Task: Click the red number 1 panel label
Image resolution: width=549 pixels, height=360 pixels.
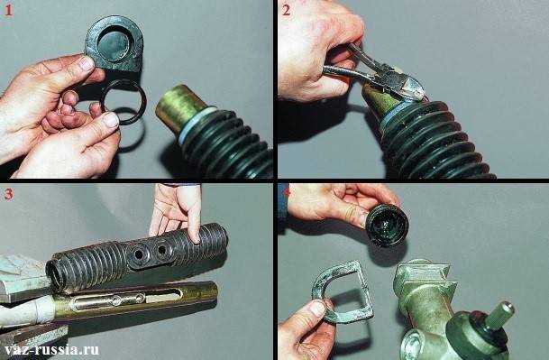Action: (x=8, y=11)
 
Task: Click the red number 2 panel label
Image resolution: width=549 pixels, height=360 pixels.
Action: (x=286, y=11)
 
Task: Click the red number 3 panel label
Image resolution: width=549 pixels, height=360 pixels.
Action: (x=8, y=194)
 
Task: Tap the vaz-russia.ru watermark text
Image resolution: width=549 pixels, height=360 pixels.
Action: (x=51, y=349)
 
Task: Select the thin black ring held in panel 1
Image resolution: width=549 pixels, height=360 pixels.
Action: (x=124, y=102)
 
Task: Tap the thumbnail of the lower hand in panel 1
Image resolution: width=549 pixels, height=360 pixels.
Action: (x=112, y=120)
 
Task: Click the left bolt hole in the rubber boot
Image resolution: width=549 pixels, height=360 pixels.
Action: (x=139, y=254)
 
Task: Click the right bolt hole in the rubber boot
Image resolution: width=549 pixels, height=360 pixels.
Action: (x=161, y=250)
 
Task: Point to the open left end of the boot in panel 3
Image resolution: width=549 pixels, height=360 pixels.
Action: (x=56, y=277)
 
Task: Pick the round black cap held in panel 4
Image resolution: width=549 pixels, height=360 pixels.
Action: (x=388, y=225)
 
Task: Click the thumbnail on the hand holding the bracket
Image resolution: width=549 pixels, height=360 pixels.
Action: (x=317, y=309)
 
